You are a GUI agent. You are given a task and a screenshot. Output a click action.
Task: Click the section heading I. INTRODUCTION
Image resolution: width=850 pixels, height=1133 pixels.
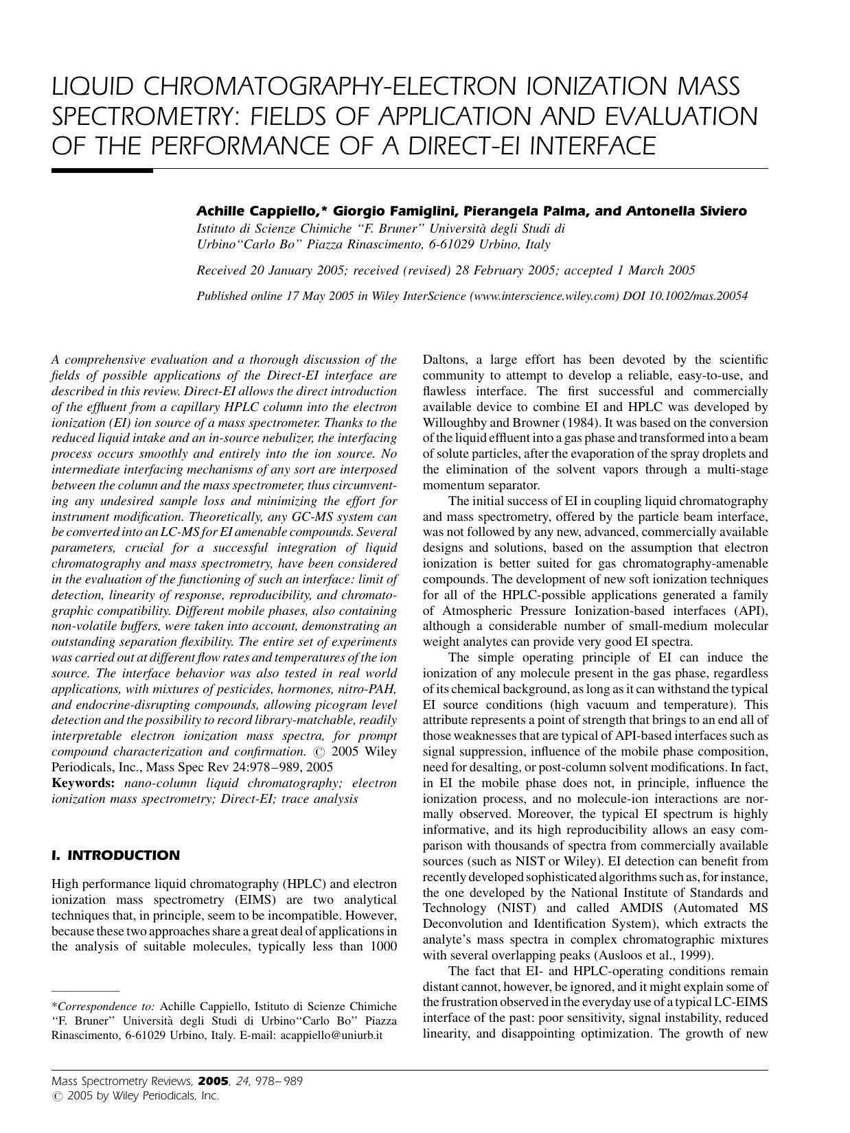pos(116,855)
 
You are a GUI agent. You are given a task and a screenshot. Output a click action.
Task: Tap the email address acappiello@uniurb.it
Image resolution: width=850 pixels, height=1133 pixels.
pos(332,1035)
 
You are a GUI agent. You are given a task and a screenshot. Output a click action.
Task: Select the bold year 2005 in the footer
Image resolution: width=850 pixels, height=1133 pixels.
pos(213,1081)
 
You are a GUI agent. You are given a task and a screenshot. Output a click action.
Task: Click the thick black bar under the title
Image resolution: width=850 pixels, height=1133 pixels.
pos(102,170)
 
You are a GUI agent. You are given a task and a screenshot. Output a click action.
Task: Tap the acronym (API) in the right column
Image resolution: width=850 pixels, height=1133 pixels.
pos(753,611)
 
